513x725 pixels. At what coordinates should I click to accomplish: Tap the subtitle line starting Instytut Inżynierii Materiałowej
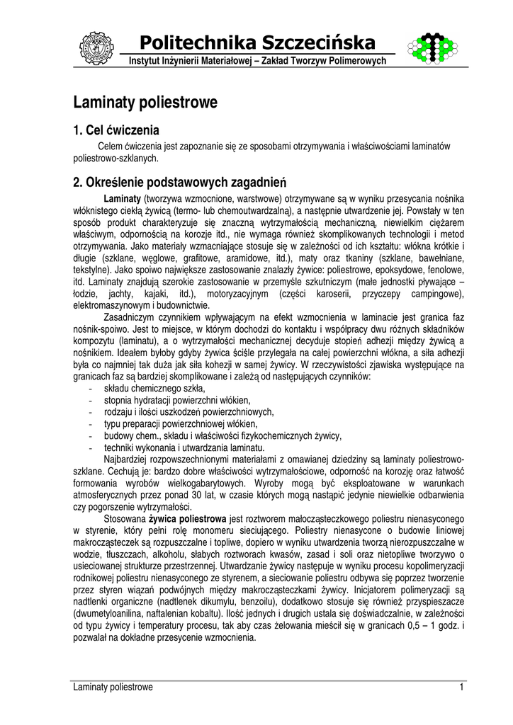pyautogui.click(x=257, y=62)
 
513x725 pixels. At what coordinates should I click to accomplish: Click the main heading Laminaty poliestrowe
pyautogui.click(x=145, y=103)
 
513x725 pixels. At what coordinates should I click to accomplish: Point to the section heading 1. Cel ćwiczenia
pyautogui.click(x=116, y=130)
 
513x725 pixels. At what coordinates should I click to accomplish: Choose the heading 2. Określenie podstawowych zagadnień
pyautogui.click(x=179, y=182)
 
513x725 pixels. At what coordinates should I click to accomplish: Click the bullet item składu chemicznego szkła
pyautogui.click(x=154, y=389)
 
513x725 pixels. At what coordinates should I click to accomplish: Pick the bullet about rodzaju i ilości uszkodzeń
pyautogui.click(x=188, y=412)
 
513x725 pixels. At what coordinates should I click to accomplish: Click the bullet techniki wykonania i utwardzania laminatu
pyautogui.click(x=184, y=448)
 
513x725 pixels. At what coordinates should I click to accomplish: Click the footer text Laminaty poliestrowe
pyautogui.click(x=113, y=687)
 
